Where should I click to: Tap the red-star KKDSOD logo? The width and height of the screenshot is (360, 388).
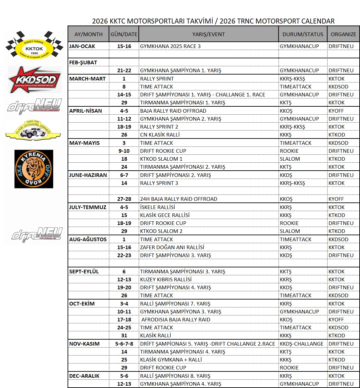[x=34, y=80]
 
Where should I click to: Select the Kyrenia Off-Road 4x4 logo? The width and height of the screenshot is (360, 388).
[x=34, y=169]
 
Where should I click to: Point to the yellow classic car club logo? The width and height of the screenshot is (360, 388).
[x=33, y=130]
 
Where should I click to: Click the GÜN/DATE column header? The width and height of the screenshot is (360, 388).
[x=124, y=34]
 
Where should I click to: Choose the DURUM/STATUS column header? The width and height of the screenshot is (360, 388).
[x=303, y=34]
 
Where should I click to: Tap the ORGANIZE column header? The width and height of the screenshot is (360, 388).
[x=343, y=34]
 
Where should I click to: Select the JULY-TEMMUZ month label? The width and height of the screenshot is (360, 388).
[x=88, y=207]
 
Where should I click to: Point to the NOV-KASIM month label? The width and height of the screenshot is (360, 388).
[x=84, y=344]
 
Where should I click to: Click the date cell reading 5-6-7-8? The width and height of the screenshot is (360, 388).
[x=124, y=344]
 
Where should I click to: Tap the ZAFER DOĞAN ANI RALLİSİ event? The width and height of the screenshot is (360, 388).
[x=172, y=247]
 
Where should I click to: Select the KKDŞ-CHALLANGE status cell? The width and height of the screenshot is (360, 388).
[x=302, y=344]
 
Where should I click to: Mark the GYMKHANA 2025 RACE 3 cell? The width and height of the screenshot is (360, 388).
[x=170, y=46]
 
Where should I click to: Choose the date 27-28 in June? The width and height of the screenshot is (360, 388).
[x=124, y=199]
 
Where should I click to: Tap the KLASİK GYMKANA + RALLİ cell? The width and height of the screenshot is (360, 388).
[x=171, y=360]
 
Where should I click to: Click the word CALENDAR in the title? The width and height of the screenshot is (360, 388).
[x=318, y=21]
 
